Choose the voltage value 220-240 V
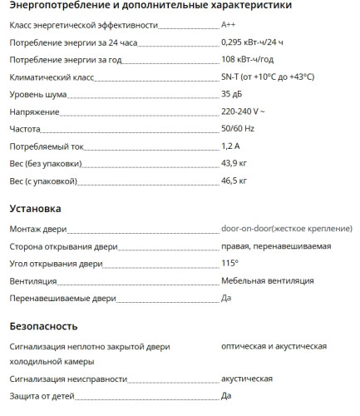tap(243, 111)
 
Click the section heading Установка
tap(34, 208)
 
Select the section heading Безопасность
tap(43, 325)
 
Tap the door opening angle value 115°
tap(229, 263)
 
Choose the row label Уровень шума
tap(37, 94)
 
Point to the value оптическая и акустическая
tap(274, 346)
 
